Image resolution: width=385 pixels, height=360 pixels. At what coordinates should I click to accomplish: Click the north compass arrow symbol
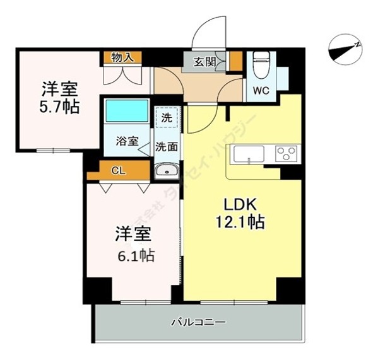tap(345, 49)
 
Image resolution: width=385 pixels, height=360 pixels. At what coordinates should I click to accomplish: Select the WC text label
tap(261, 90)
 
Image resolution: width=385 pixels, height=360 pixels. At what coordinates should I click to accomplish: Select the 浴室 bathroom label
tap(127, 142)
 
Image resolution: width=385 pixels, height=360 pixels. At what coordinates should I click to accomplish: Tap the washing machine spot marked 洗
tap(167, 117)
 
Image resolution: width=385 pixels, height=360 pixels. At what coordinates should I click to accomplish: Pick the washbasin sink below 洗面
tap(167, 170)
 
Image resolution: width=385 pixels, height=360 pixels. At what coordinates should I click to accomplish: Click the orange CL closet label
tap(118, 170)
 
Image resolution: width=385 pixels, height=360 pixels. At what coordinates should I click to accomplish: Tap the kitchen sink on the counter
tap(249, 154)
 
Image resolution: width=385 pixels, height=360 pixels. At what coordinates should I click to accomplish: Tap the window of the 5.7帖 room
tap(53, 150)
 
